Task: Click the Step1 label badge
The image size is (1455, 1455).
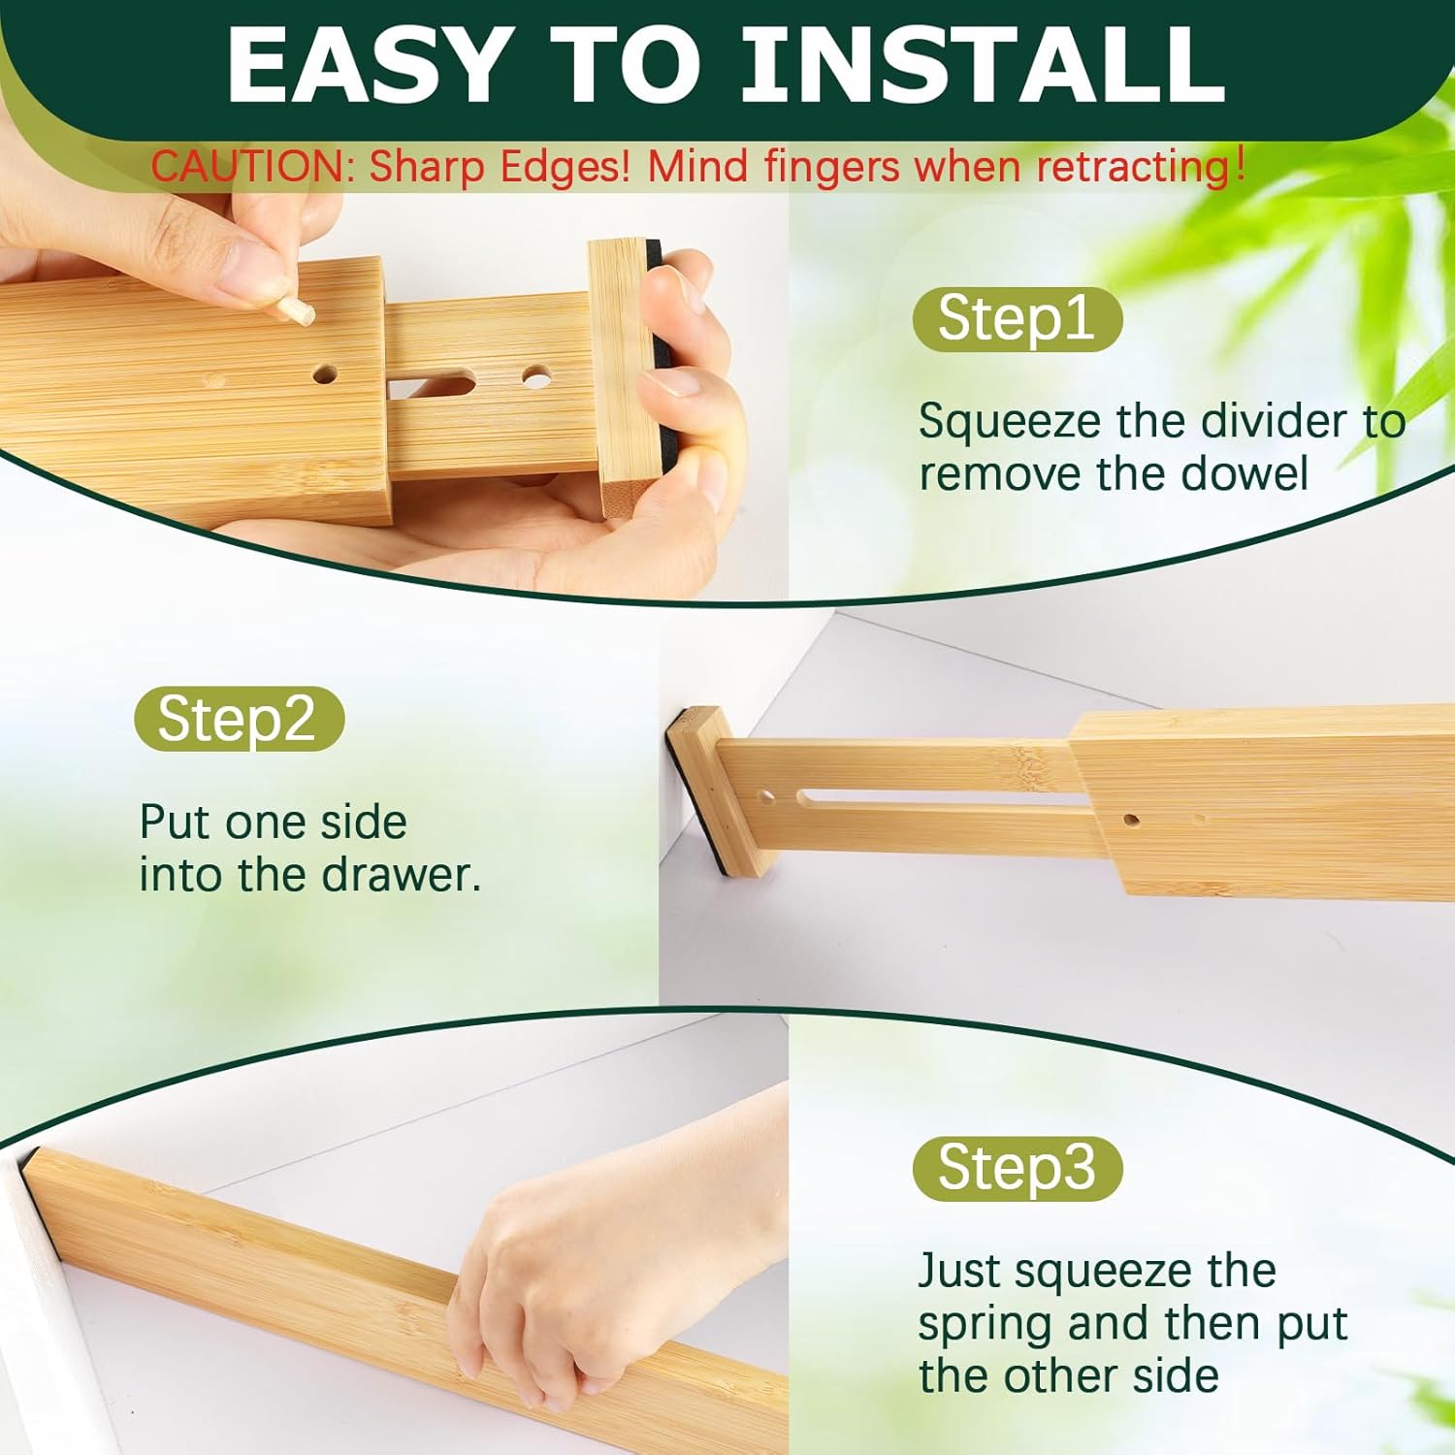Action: coord(1018,319)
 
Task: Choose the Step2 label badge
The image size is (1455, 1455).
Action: coord(239,719)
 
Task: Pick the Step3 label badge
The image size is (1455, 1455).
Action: coord(1018,1168)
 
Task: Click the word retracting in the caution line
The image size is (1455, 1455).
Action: coord(1136,167)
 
